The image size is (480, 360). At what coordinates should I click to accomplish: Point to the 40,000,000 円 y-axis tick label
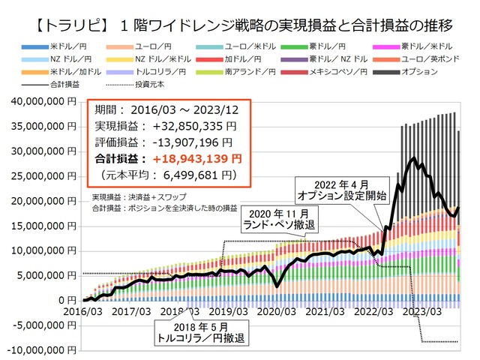click(x=41, y=100)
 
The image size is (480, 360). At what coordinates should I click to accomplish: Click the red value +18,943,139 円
click(x=196, y=158)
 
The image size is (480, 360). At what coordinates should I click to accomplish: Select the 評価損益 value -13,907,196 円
click(x=190, y=142)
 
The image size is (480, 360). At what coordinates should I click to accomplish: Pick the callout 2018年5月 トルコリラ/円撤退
click(x=200, y=332)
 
